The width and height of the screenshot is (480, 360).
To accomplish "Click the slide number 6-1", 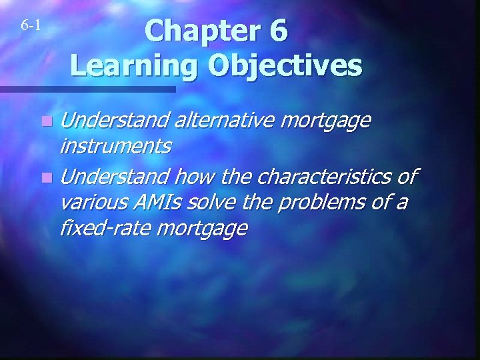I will coord(31,26).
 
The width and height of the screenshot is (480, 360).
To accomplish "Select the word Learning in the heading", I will coord(133,66).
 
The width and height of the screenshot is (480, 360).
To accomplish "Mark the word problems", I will coord(317,201).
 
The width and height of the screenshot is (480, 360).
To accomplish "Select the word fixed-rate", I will coord(104,229).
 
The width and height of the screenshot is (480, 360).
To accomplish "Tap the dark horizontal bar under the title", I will coord(87,89).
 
